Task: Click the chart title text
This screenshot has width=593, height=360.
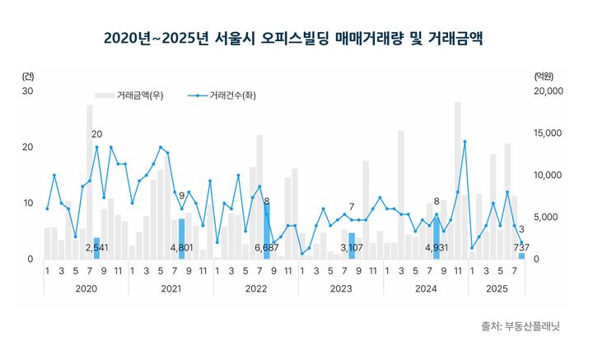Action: tap(295, 39)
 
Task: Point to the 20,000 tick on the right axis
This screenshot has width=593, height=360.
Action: tap(547, 91)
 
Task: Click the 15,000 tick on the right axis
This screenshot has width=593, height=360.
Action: tap(547, 133)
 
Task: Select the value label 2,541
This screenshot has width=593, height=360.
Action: tap(96, 247)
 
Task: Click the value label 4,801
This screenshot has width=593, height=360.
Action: tap(181, 247)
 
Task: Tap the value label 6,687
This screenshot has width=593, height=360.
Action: tap(266, 247)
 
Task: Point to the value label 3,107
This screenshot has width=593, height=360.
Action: tap(352, 247)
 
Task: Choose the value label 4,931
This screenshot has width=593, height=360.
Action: tap(437, 247)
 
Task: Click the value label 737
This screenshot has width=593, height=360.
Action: tap(522, 247)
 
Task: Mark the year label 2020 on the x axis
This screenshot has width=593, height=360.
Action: tap(86, 289)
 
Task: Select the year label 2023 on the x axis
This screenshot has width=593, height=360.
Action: tap(341, 289)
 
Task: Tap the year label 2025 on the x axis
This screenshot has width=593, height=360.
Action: tap(497, 289)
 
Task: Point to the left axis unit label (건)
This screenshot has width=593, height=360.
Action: tap(29, 76)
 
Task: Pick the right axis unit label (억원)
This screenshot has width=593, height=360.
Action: tap(544, 76)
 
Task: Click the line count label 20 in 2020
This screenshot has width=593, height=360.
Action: tap(97, 134)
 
